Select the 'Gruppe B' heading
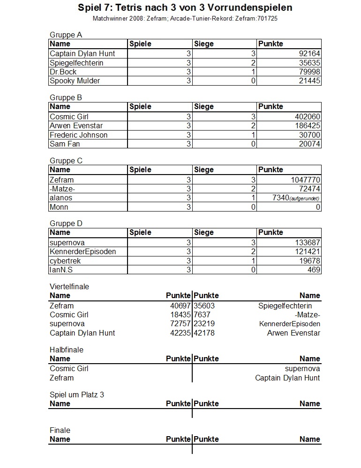pyautogui.click(x=66, y=98)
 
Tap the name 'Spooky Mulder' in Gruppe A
pyautogui.click(x=75, y=81)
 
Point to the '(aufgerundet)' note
pyautogui.click(x=305, y=198)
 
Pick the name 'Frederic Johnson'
pyautogui.click(x=79, y=135)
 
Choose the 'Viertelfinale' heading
pyautogui.click(x=69, y=286)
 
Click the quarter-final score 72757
pyautogui.click(x=180, y=324)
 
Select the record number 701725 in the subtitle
pyautogui.click(x=271, y=18)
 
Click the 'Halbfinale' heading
pyautogui.click(x=67, y=350)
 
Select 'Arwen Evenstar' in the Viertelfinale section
pyautogui.click(x=293, y=333)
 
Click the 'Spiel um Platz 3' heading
pyautogui.click(x=77, y=395)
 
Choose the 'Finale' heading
pyautogui.click(x=60, y=430)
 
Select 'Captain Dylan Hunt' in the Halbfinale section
pyautogui.click(x=287, y=378)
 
